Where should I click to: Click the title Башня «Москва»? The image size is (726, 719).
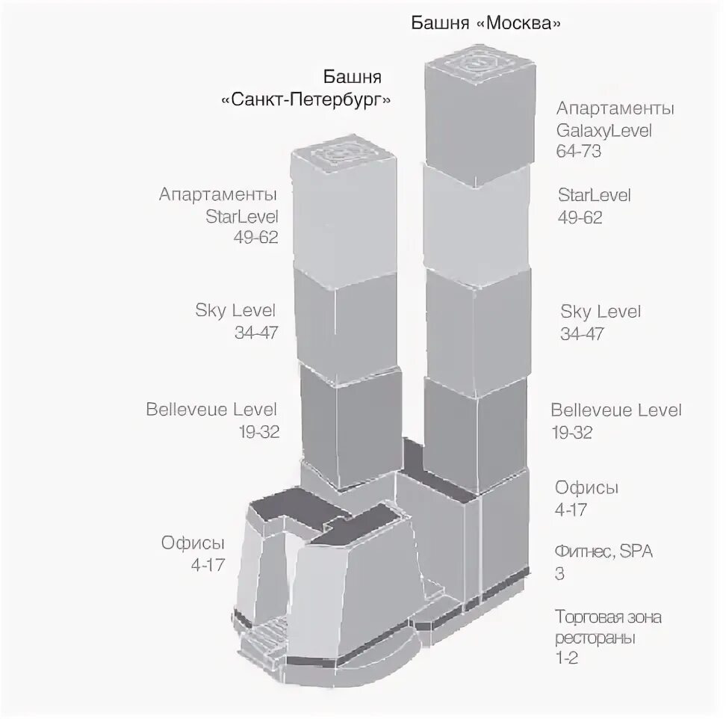(486, 23)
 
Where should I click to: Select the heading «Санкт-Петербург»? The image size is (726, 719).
(306, 99)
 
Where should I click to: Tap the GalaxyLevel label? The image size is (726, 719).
(604, 130)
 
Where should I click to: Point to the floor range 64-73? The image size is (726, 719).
(579, 152)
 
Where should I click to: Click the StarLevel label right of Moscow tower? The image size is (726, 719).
(595, 196)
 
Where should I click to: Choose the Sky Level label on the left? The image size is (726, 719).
(236, 311)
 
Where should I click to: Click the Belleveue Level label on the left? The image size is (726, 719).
(212, 410)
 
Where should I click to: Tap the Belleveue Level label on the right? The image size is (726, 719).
(616, 410)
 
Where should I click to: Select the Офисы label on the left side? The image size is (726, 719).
(193, 543)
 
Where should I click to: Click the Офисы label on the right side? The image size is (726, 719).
(586, 488)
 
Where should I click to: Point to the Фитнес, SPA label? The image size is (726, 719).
(604, 553)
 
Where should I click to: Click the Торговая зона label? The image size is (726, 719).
(608, 617)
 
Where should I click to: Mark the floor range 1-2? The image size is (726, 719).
(567, 658)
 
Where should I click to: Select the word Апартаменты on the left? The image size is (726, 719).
(218, 195)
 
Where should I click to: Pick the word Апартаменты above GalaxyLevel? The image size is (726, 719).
(615, 108)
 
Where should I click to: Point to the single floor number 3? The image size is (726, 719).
(559, 575)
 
